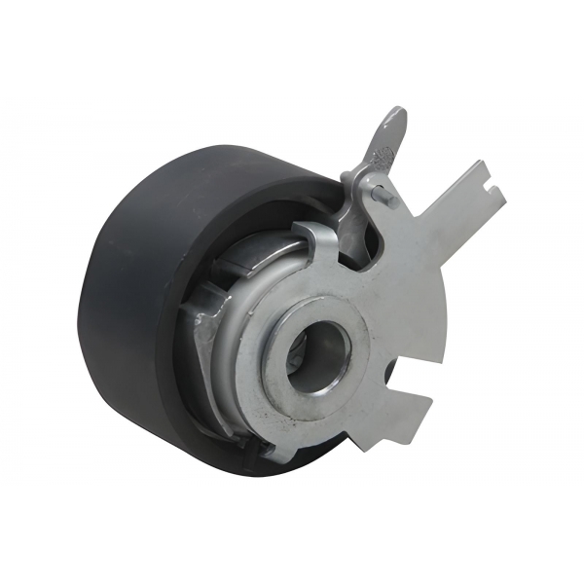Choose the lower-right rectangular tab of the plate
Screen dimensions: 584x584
(408, 408)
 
